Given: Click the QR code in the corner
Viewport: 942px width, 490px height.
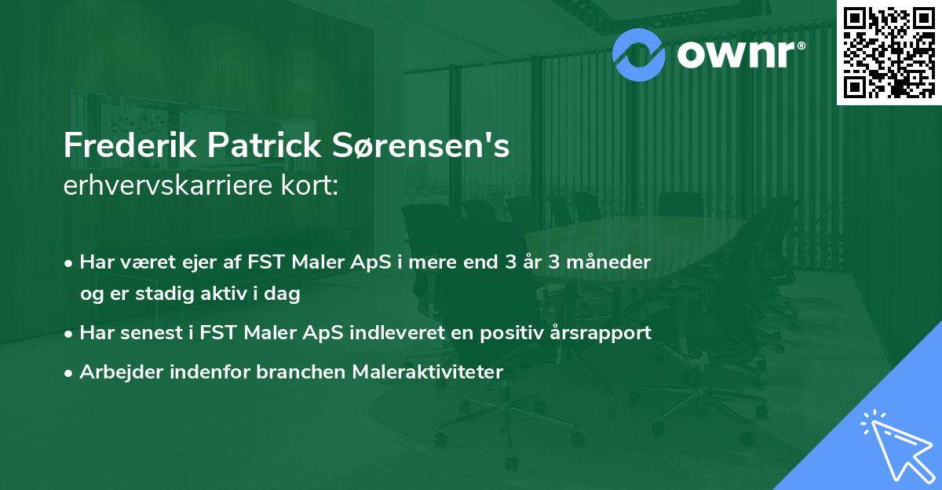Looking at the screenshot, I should (889, 53).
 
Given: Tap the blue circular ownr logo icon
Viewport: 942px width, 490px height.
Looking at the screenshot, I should (640, 54).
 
